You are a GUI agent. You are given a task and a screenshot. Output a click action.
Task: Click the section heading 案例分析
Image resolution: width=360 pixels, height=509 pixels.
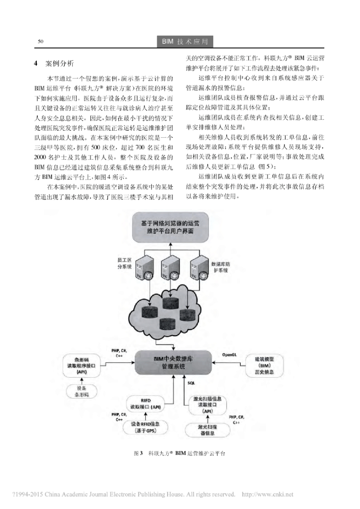click(x=59, y=64)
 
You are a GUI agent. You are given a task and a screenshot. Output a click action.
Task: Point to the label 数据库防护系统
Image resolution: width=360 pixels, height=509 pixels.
click(x=219, y=266)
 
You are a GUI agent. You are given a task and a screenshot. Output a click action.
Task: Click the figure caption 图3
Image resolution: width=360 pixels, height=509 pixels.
click(x=139, y=454)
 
